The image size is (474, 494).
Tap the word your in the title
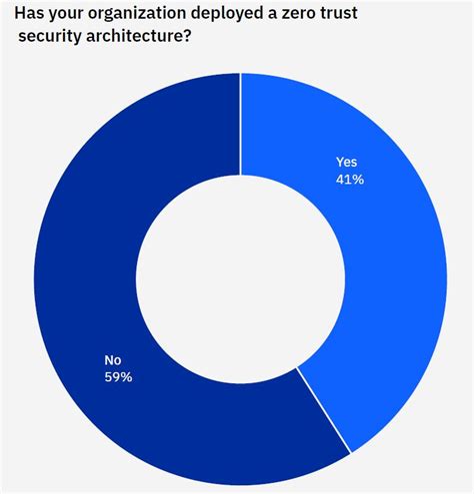click(x=69, y=16)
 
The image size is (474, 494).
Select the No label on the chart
click(x=113, y=360)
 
